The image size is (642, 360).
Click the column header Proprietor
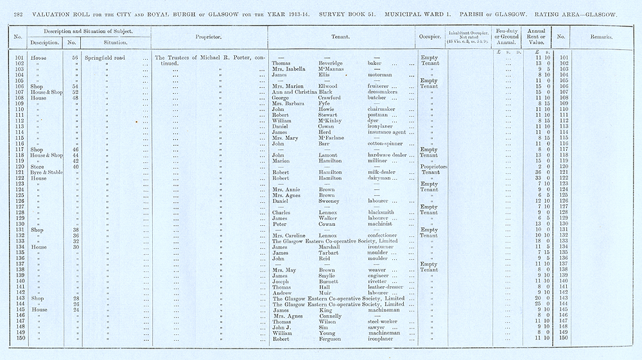[x=209, y=37]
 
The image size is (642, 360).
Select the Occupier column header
[x=428, y=37]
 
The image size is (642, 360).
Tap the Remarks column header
[x=600, y=37]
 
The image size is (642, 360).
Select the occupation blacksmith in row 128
[x=382, y=212]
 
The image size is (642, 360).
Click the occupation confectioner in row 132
[x=385, y=236]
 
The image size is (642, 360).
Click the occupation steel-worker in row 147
[x=384, y=321]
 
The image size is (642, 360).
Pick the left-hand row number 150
[x=19, y=338]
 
